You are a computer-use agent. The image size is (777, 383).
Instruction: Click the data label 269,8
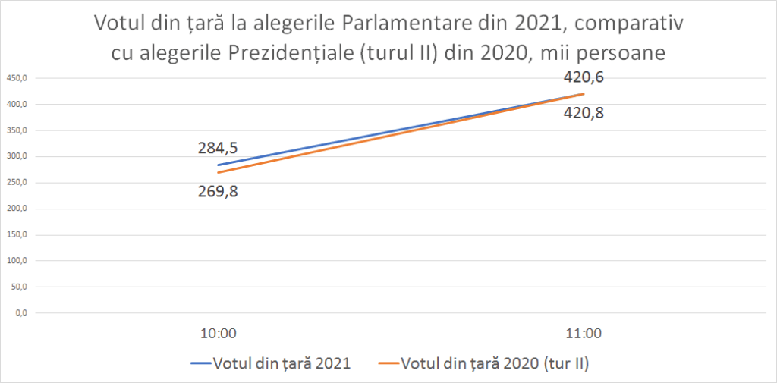click(x=219, y=190)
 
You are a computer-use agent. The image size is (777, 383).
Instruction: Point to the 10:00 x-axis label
click(x=219, y=333)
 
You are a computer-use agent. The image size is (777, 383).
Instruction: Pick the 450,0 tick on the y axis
click(x=17, y=78)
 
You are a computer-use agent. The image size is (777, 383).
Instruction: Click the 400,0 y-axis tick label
click(x=17, y=104)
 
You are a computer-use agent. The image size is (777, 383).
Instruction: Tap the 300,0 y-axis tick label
click(x=17, y=156)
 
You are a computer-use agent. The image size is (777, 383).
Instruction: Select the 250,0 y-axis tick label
click(x=17, y=183)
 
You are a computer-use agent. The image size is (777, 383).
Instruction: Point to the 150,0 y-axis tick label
click(x=17, y=235)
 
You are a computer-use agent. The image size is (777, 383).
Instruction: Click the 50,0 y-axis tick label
click(x=18, y=287)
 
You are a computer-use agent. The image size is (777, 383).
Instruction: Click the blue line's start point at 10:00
click(x=219, y=165)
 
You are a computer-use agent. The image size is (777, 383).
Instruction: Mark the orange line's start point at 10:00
click(x=219, y=172)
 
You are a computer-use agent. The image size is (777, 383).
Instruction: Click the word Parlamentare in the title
click(x=397, y=23)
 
